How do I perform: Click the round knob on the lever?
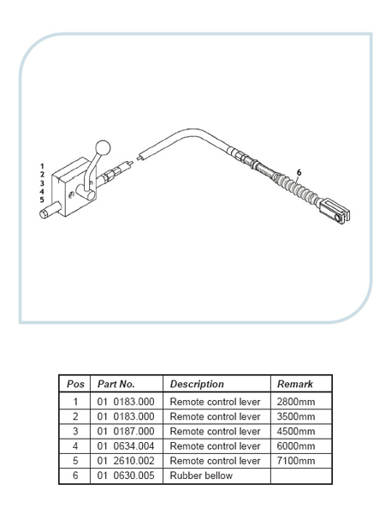click(x=103, y=148)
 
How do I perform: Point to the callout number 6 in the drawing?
click(x=299, y=172)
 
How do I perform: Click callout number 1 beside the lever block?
click(x=42, y=166)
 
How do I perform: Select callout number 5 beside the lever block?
click(x=42, y=200)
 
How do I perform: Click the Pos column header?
click(x=75, y=384)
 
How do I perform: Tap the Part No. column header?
click(x=116, y=384)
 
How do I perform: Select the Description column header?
click(x=197, y=384)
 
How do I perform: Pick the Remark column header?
click(x=295, y=384)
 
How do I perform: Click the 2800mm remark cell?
click(x=296, y=402)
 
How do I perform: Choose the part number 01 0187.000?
click(x=126, y=432)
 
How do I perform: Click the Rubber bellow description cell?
click(x=201, y=475)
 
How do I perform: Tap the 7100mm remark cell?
click(x=296, y=461)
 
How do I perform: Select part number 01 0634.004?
click(x=126, y=446)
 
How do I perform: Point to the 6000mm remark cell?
click(x=296, y=446)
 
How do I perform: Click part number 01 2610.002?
click(x=126, y=461)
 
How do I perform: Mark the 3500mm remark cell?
click(x=296, y=416)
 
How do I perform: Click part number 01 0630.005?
click(x=126, y=475)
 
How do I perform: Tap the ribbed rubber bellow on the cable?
click(x=296, y=189)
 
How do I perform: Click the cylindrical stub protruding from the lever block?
click(x=50, y=211)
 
